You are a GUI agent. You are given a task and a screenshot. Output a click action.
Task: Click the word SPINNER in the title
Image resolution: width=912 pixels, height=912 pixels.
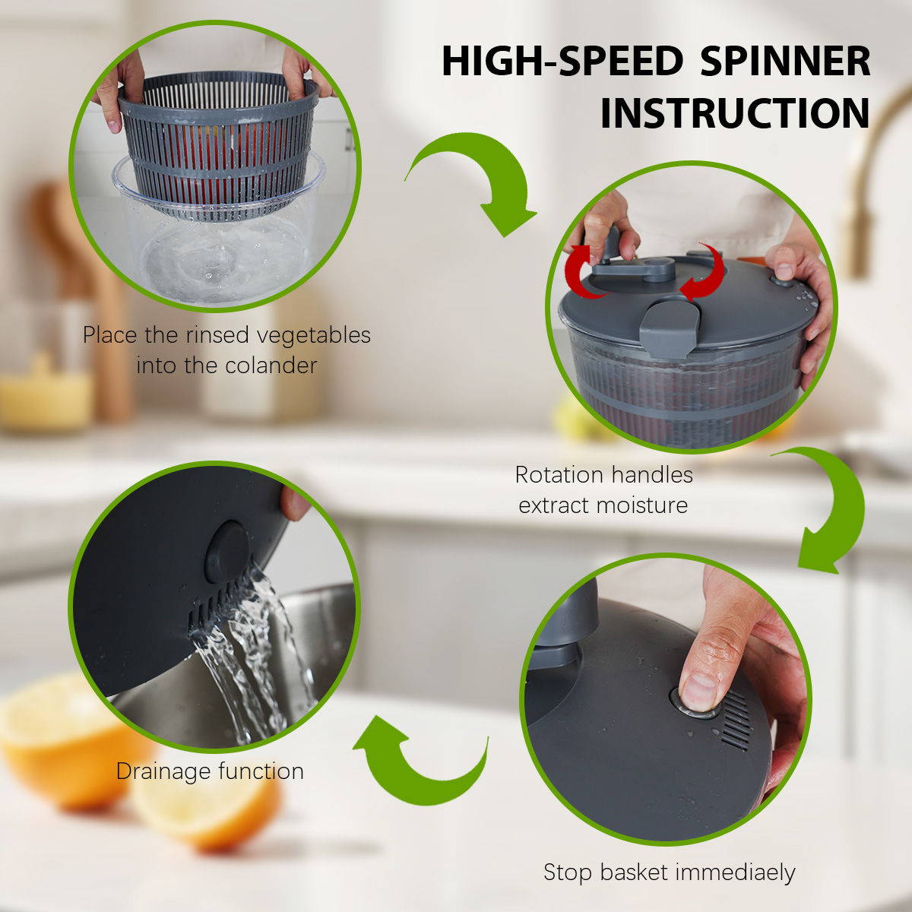(785, 61)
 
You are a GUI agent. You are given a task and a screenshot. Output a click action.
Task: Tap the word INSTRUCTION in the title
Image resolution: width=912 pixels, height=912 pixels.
(736, 113)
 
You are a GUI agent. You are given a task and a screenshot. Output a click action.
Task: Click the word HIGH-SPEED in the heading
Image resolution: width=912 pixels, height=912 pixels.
(562, 61)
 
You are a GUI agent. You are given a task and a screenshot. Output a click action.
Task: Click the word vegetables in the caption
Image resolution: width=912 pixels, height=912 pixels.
(313, 336)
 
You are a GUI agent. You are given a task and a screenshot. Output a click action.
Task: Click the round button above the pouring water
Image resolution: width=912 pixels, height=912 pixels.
(228, 552)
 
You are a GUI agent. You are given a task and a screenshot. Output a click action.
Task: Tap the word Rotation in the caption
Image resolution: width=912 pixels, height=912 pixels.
(551, 475)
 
